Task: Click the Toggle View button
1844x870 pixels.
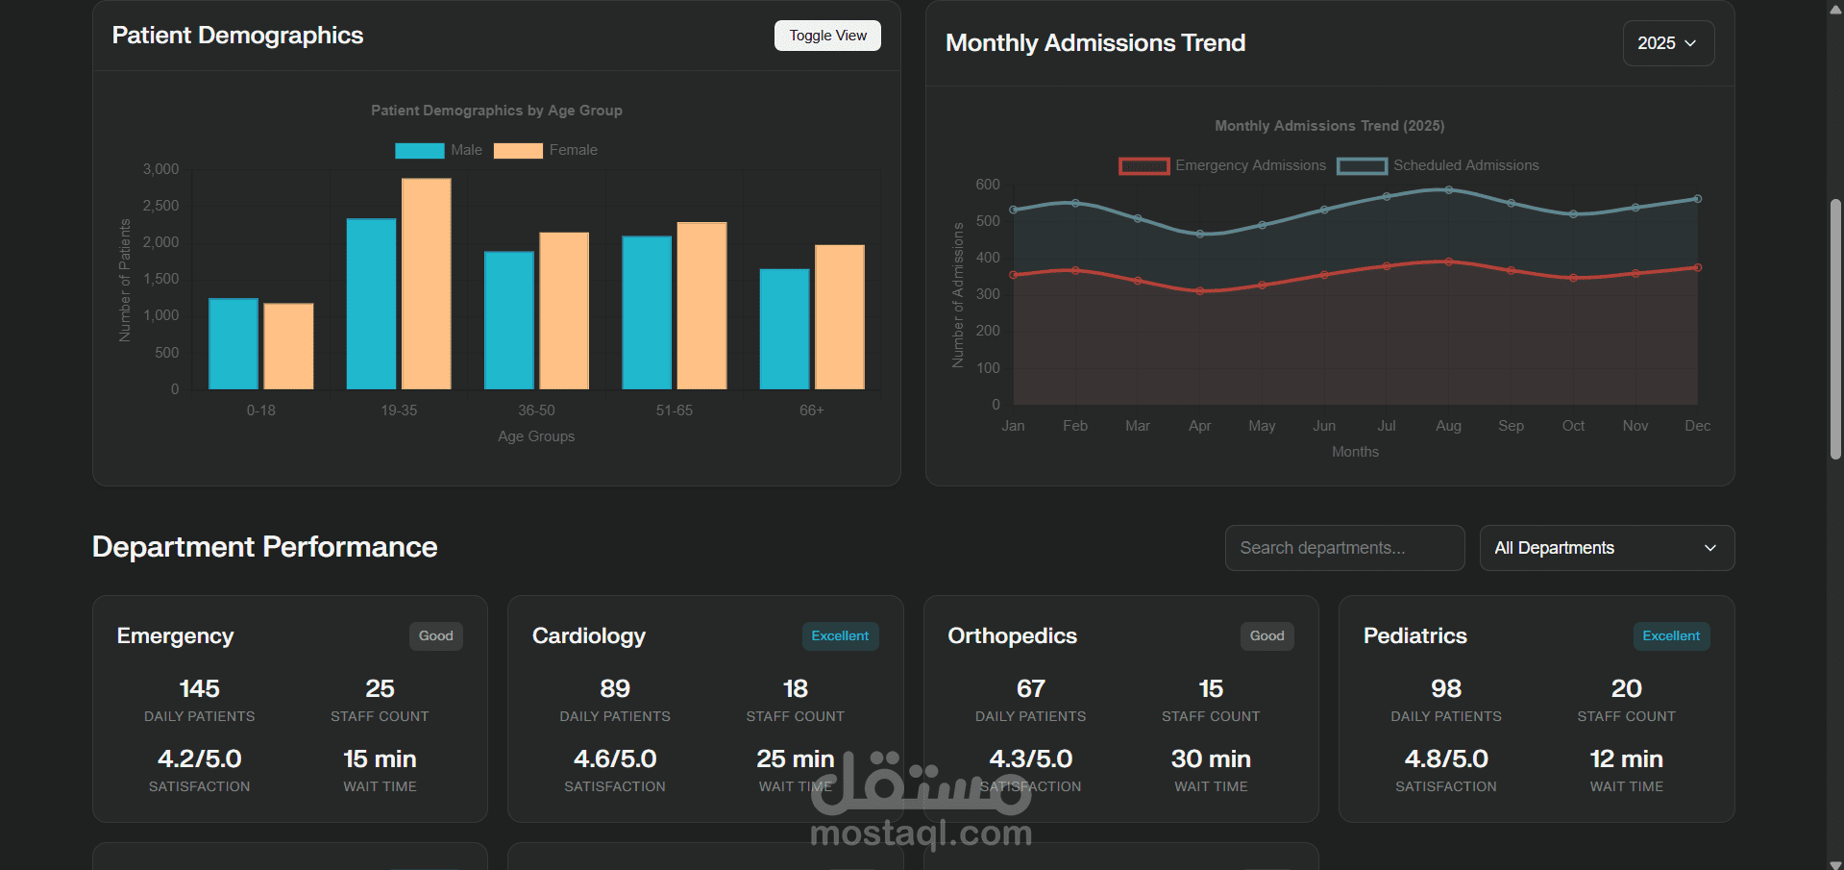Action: click(x=827, y=36)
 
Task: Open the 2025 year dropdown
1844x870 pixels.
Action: click(x=1667, y=43)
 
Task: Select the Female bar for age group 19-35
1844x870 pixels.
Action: click(x=426, y=284)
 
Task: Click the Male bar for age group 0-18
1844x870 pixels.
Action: click(x=234, y=343)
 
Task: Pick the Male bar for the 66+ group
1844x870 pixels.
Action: click(x=784, y=329)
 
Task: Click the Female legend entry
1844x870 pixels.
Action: click(x=546, y=150)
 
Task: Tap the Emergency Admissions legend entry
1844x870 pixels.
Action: click(x=1222, y=165)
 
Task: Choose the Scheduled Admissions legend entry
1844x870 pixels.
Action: click(x=1438, y=165)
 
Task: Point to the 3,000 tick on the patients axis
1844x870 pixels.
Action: click(x=161, y=169)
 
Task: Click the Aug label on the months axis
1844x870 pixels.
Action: click(x=1448, y=426)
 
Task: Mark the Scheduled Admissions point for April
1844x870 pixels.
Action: click(x=1200, y=234)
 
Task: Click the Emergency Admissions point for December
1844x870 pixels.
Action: click(x=1698, y=267)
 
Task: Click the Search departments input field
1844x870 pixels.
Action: click(x=1344, y=548)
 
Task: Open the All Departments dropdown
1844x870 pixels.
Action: click(x=1606, y=548)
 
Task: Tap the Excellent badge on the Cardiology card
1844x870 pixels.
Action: click(x=840, y=636)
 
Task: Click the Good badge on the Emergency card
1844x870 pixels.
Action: click(x=435, y=636)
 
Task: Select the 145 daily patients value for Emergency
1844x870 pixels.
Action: click(x=200, y=688)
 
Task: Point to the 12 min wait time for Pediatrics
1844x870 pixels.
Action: click(x=1626, y=758)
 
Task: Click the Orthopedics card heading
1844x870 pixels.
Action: click(x=1012, y=635)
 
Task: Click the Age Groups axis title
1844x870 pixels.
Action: click(x=536, y=436)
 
